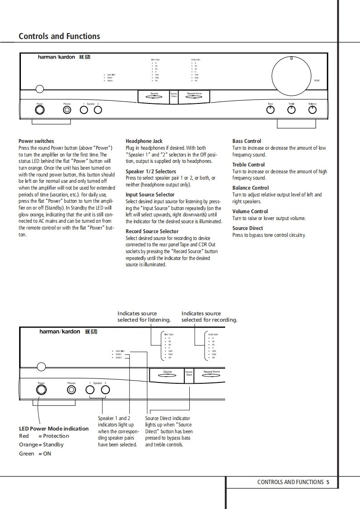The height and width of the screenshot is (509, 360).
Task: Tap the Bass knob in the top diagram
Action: (x=271, y=110)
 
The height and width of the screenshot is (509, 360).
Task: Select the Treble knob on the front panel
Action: (x=291, y=110)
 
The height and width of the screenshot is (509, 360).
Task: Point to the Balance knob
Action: (x=312, y=110)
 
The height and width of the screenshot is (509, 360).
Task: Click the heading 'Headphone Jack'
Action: (x=144, y=141)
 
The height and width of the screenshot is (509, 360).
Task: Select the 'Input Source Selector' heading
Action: (x=150, y=195)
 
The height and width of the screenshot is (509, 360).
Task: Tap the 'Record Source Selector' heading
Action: (x=152, y=231)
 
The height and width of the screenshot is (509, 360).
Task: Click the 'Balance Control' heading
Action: (x=251, y=188)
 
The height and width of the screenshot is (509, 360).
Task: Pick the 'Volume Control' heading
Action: (x=250, y=211)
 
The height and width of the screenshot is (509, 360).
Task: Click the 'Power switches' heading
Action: (x=36, y=141)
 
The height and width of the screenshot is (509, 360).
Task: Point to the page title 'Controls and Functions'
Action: (x=59, y=36)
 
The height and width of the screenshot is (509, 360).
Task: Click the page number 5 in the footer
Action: (x=328, y=482)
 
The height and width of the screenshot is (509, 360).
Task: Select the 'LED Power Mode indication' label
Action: (x=54, y=428)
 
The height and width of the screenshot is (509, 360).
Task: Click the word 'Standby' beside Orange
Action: (x=53, y=445)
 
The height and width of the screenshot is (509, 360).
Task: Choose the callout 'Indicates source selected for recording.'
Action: (x=209, y=317)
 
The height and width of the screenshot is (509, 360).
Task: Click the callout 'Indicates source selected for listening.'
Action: (x=144, y=317)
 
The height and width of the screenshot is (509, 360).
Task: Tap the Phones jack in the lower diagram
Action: (x=71, y=390)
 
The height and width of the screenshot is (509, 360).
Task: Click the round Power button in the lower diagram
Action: (x=41, y=390)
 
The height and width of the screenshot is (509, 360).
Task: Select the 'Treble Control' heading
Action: (x=248, y=165)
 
